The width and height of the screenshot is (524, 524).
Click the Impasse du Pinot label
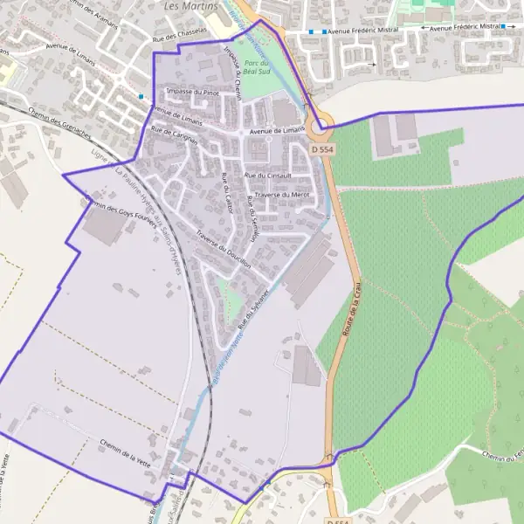click(192, 92)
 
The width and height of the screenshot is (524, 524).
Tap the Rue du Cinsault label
click(266, 176)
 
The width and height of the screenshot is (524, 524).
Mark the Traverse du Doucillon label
click(224, 249)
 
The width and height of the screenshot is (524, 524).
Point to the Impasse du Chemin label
click(232, 72)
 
